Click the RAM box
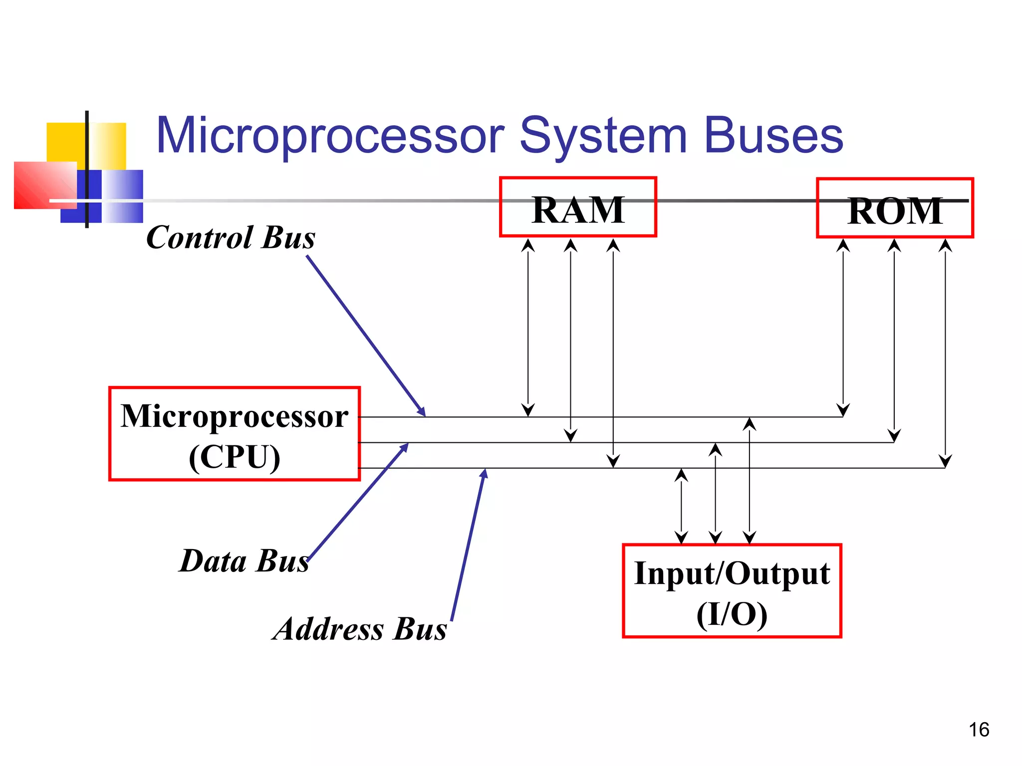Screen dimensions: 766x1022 [578, 207]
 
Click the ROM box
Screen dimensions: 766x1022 [895, 208]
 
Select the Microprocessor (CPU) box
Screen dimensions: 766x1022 [234, 433]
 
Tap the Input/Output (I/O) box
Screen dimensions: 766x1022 [732, 591]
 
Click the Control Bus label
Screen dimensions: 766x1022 [231, 237]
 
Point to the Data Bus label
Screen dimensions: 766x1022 [244, 561]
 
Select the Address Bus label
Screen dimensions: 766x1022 [360, 629]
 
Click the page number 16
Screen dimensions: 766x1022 [979, 730]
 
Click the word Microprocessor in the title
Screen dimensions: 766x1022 [330, 135]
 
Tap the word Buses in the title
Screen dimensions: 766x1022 [773, 135]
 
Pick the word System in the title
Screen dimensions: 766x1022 [604, 136]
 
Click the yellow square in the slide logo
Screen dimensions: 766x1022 [65, 142]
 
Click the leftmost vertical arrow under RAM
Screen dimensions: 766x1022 [528, 327]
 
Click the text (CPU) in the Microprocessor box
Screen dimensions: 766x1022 [235, 456]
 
